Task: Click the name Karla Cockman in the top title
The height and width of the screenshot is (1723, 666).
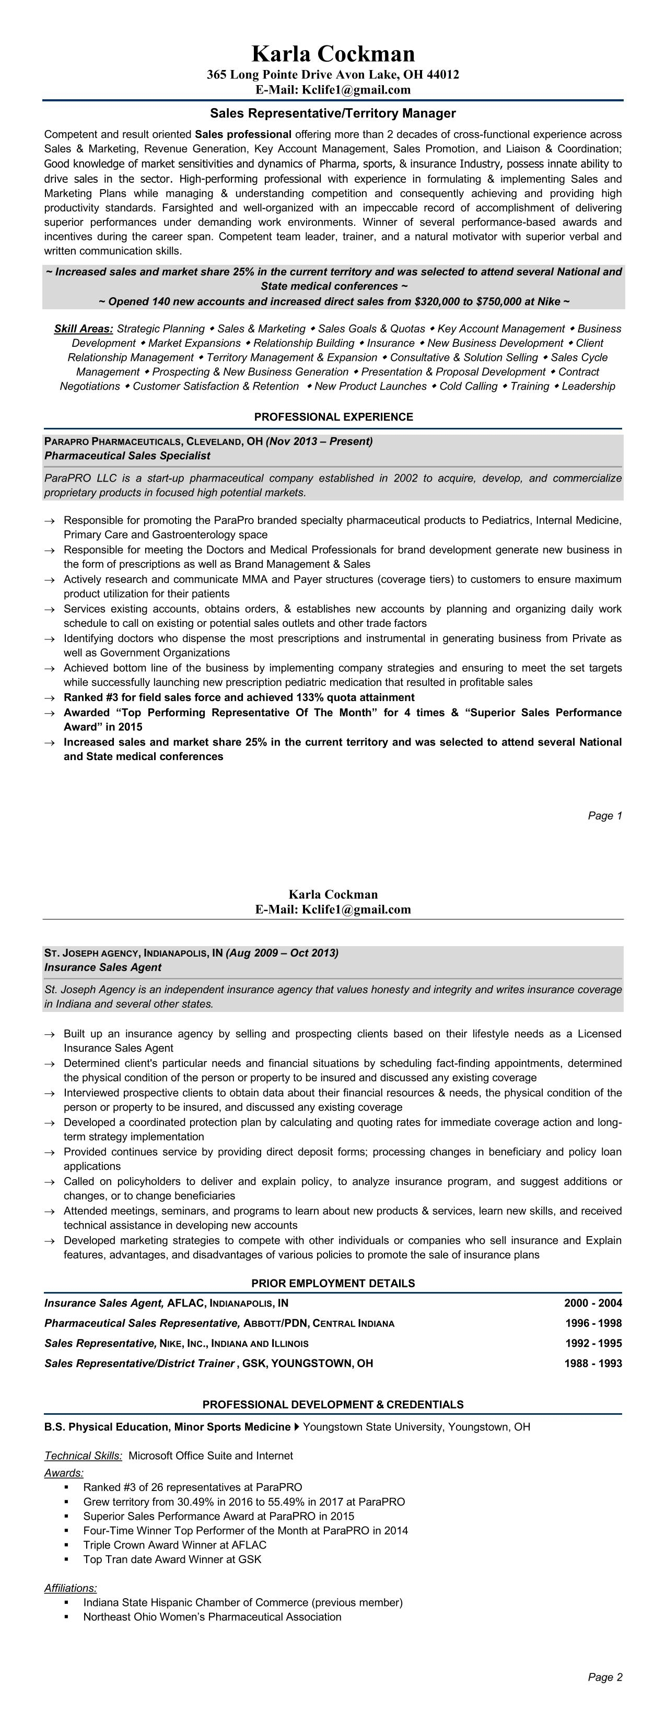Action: tap(333, 53)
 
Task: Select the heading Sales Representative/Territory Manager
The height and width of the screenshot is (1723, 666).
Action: tap(333, 113)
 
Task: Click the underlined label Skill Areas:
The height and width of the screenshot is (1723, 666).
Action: tap(84, 329)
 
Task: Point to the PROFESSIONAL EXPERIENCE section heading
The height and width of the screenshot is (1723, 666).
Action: tap(333, 417)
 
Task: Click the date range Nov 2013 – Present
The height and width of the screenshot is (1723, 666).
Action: tap(320, 441)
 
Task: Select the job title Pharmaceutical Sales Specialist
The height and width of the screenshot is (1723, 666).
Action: tap(127, 456)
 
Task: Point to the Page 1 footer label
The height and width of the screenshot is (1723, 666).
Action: tap(604, 816)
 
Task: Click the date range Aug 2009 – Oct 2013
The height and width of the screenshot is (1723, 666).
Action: tap(282, 952)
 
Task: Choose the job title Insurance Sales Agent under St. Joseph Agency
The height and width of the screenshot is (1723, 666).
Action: tap(103, 967)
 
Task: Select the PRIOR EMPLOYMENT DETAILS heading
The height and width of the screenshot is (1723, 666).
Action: tap(333, 1283)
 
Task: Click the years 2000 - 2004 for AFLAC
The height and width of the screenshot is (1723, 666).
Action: tap(592, 1303)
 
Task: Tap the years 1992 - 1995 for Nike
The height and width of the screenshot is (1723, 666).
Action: tap(592, 1343)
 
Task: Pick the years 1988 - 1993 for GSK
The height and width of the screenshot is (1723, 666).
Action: tap(592, 1363)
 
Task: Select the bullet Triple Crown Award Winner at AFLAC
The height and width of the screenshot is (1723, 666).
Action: tap(174, 1544)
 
